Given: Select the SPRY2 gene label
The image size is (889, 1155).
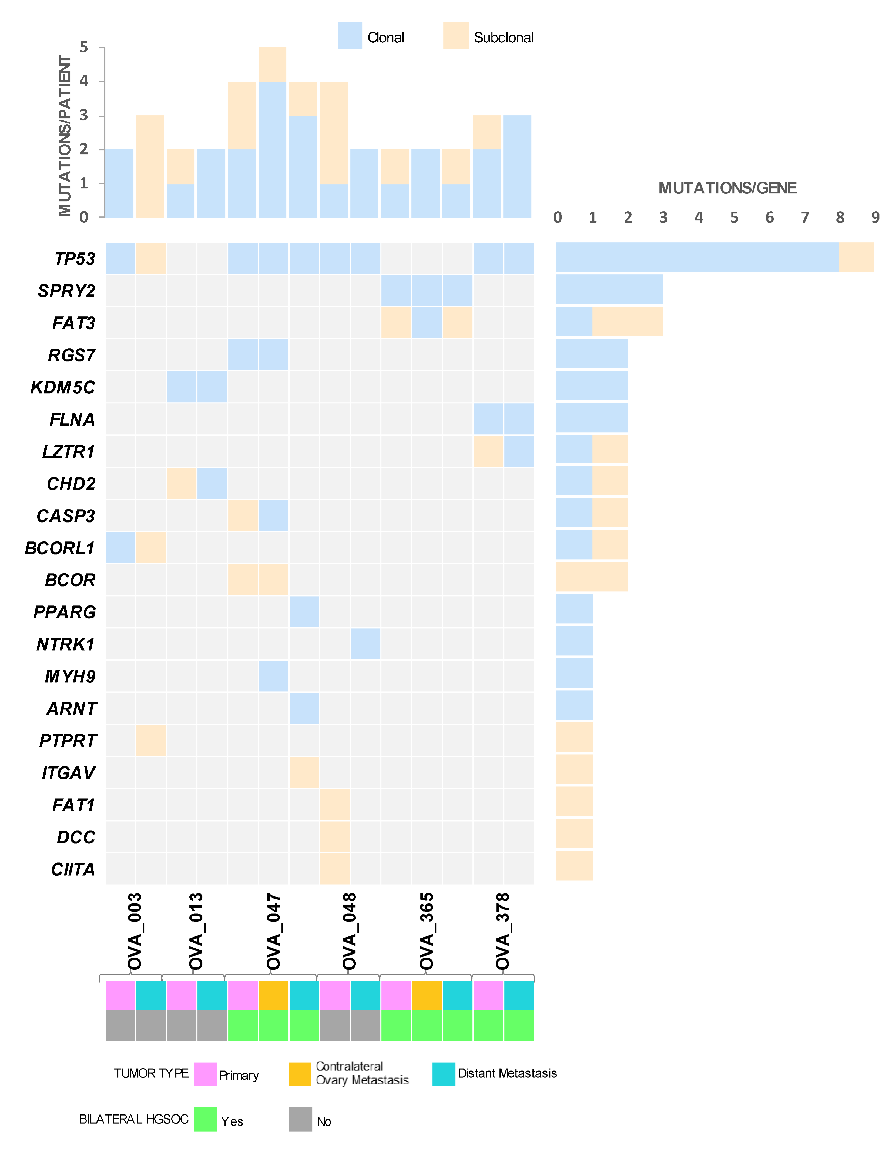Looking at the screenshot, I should [x=67, y=291].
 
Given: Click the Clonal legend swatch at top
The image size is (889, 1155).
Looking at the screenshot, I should [x=350, y=35].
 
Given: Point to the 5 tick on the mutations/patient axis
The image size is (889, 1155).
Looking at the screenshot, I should [x=83, y=48].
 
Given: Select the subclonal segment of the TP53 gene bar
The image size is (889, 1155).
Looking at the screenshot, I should [x=856, y=257].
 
